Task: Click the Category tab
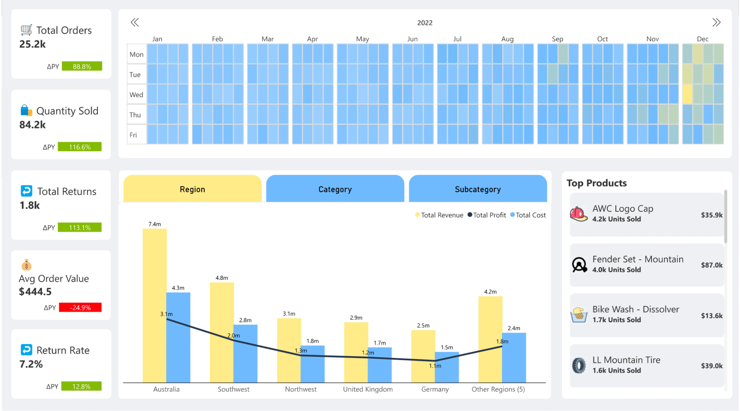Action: pos(335,189)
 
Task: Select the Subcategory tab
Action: pos(477,189)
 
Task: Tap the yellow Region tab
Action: pos(192,189)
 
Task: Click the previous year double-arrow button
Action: pos(135,22)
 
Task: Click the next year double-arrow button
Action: pos(716,22)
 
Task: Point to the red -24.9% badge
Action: pos(80,307)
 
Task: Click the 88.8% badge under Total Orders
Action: pos(82,66)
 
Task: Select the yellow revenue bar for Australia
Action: pos(154,307)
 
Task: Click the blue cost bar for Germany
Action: pos(447,367)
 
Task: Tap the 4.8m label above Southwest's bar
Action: pos(221,278)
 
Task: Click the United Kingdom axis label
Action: pos(367,389)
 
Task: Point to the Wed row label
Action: pos(136,95)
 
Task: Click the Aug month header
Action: pos(507,39)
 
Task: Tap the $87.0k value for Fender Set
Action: pos(711,265)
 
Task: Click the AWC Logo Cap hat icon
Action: pos(578,214)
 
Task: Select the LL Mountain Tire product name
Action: pos(626,360)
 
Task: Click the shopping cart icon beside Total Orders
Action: pos(26,30)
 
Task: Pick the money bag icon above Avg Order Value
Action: pos(26,265)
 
